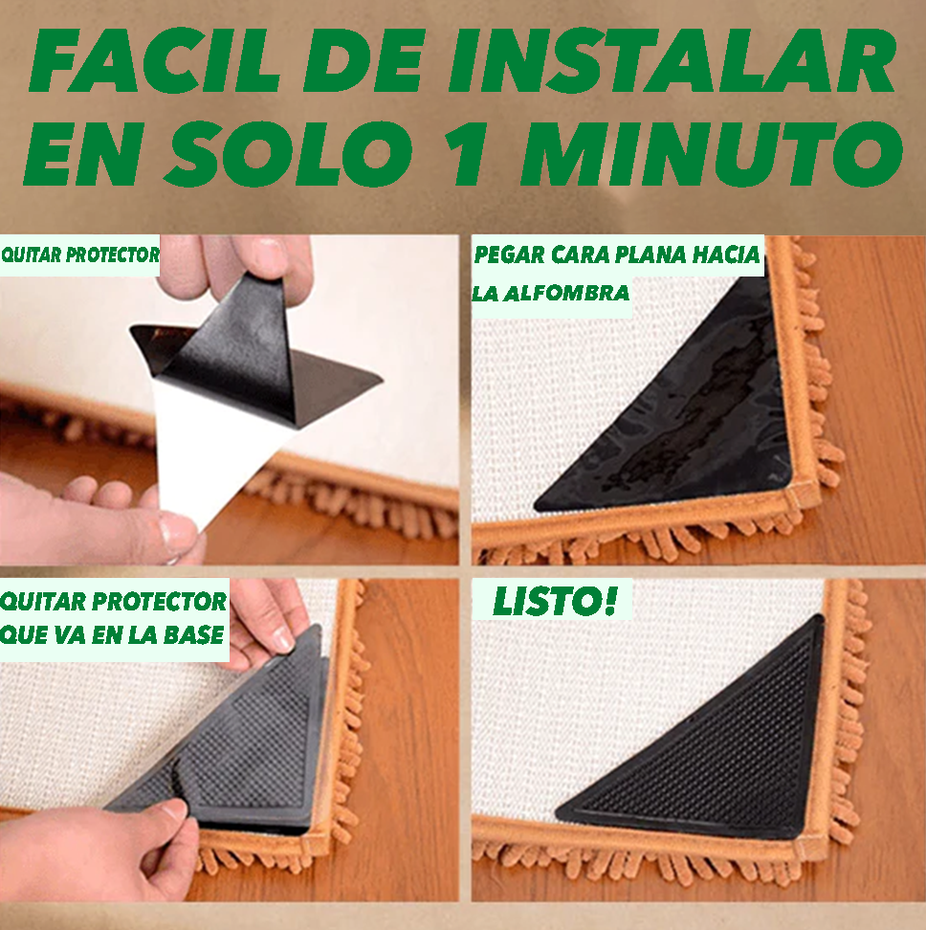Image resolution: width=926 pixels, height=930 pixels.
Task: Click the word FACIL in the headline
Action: coord(154,60)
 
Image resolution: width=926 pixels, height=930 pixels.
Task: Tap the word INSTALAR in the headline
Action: coord(672,60)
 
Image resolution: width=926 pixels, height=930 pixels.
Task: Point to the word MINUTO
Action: coord(712,154)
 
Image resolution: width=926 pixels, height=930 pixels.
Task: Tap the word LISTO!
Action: coord(555,601)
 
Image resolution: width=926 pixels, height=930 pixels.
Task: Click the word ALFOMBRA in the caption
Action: coord(565,293)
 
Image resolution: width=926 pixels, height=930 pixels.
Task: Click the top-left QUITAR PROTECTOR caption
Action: coord(80,255)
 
